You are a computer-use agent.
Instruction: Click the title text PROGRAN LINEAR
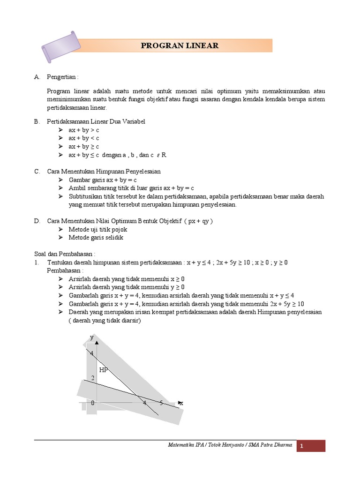[180, 45]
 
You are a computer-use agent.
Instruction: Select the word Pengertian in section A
[63, 76]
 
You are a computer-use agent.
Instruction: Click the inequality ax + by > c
[84, 130]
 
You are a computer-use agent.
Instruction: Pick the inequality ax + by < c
[84, 138]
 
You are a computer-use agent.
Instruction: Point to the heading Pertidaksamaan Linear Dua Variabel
[96, 121]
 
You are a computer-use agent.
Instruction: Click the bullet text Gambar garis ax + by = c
[102, 180]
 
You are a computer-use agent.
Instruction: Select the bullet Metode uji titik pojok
[98, 229]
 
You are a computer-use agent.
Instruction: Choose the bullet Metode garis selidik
[96, 237]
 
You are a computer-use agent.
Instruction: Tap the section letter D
[37, 221]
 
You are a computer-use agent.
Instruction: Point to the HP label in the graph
[104, 370]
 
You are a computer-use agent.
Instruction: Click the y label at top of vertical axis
[92, 337]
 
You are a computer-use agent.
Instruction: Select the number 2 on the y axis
[93, 378]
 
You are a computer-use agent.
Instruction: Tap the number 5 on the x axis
[161, 403]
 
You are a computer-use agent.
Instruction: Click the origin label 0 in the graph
[93, 403]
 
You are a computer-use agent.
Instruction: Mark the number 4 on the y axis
[92, 353]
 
